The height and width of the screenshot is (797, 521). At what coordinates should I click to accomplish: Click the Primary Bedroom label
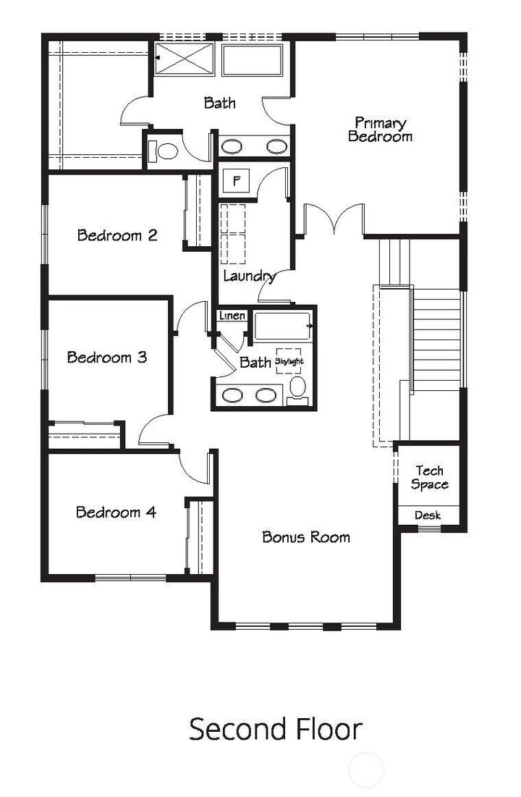point(380,130)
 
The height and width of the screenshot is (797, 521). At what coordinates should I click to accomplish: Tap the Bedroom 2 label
point(117,235)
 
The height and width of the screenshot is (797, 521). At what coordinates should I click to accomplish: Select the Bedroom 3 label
point(107,357)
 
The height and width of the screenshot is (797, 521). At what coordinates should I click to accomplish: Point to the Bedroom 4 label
point(116,513)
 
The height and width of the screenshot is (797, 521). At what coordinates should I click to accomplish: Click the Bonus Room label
point(306,537)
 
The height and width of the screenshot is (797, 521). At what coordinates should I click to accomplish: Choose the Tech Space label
point(429,478)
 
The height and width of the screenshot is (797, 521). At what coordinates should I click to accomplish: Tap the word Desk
point(428,515)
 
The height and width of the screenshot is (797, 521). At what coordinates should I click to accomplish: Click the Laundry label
point(249,276)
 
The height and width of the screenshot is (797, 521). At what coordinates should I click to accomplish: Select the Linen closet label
point(233,316)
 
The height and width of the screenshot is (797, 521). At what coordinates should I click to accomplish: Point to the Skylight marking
point(289,360)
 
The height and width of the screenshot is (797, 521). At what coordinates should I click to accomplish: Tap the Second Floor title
point(275,729)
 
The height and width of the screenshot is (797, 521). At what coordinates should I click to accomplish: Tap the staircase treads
point(436,340)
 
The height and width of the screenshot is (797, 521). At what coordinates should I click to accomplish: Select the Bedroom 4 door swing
point(194,467)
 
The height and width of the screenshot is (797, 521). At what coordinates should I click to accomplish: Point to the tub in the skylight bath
point(282,326)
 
